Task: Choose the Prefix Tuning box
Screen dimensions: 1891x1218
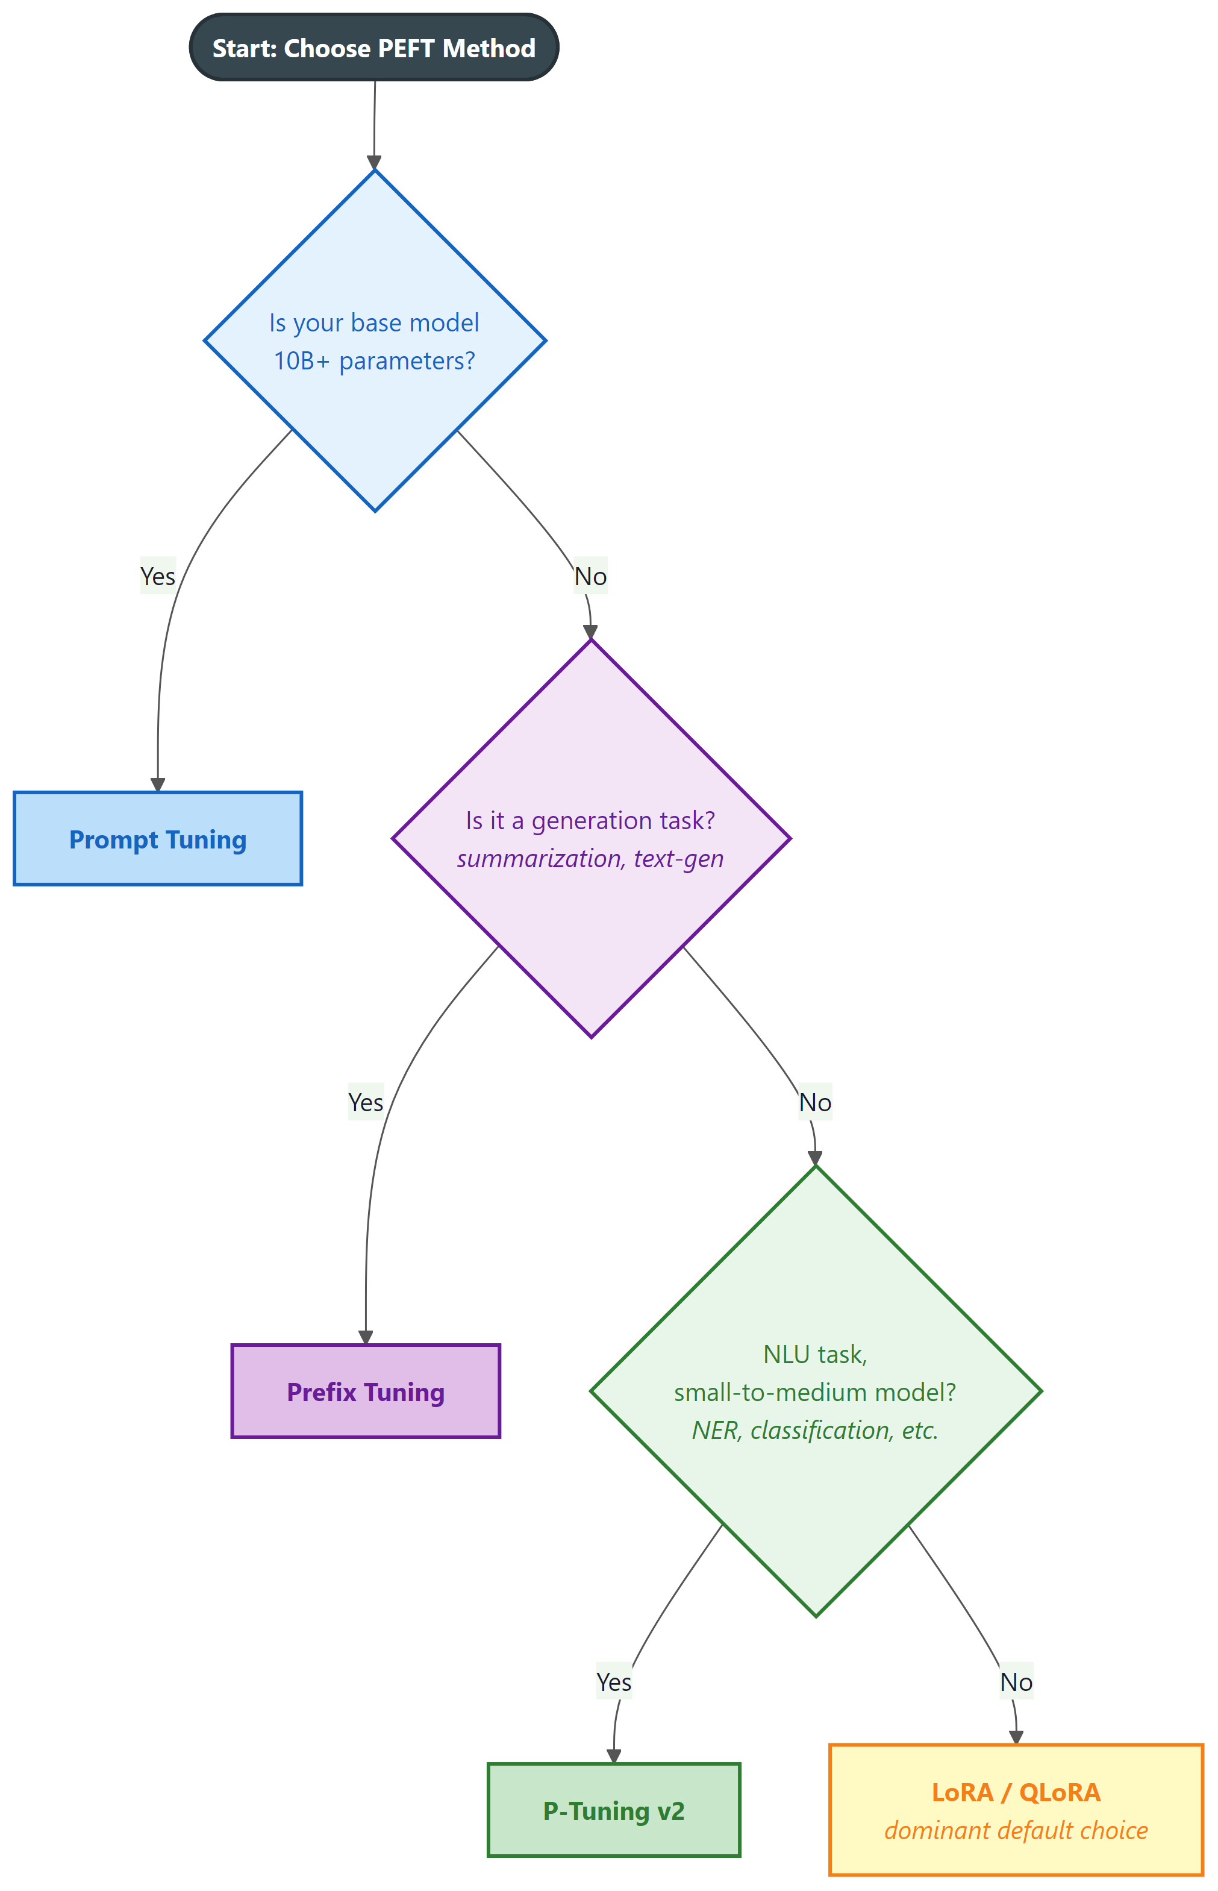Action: click(366, 1391)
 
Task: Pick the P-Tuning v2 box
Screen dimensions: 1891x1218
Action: click(614, 1810)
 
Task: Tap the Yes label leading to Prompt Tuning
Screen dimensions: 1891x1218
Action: click(157, 576)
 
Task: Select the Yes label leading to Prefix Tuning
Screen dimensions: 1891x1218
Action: click(366, 1102)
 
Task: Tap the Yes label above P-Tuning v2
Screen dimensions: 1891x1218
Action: click(614, 1682)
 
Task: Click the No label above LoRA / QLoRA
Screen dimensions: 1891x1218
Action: click(1016, 1682)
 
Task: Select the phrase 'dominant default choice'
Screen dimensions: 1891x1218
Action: click(1016, 1831)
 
